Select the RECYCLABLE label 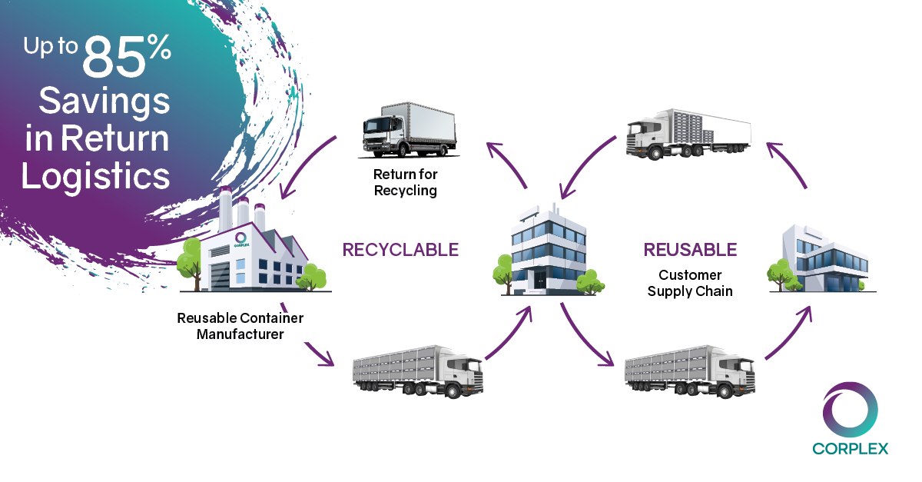point(400,250)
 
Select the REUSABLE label point(689,250)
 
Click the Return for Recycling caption point(405,183)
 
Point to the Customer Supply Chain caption point(689,283)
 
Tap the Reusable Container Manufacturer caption point(240,326)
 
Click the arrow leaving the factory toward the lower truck point(320,354)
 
